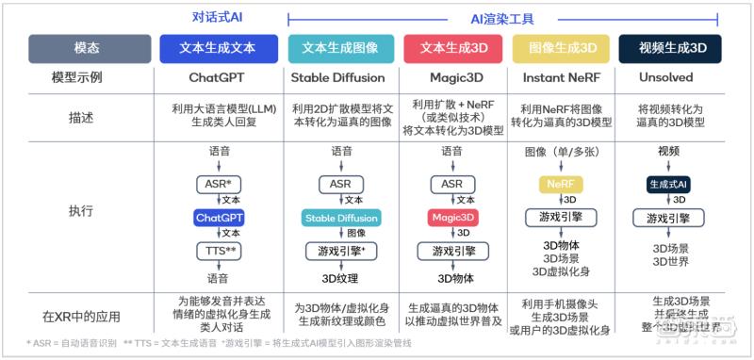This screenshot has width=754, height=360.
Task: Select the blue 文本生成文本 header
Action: click(219, 48)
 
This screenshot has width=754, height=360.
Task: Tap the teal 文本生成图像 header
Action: click(340, 48)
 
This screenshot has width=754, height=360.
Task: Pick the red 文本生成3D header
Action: click(452, 48)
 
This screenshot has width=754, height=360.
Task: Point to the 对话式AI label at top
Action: click(219, 17)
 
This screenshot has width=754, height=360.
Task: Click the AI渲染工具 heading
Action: click(502, 17)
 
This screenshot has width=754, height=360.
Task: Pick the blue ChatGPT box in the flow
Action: click(219, 218)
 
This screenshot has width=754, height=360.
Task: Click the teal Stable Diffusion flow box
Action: click(341, 218)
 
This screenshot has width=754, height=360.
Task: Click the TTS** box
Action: click(219, 250)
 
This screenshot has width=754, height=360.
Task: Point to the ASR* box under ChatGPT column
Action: click(219, 184)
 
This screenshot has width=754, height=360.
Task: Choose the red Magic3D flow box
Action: click(451, 218)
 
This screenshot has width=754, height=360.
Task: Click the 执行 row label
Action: click(81, 211)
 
